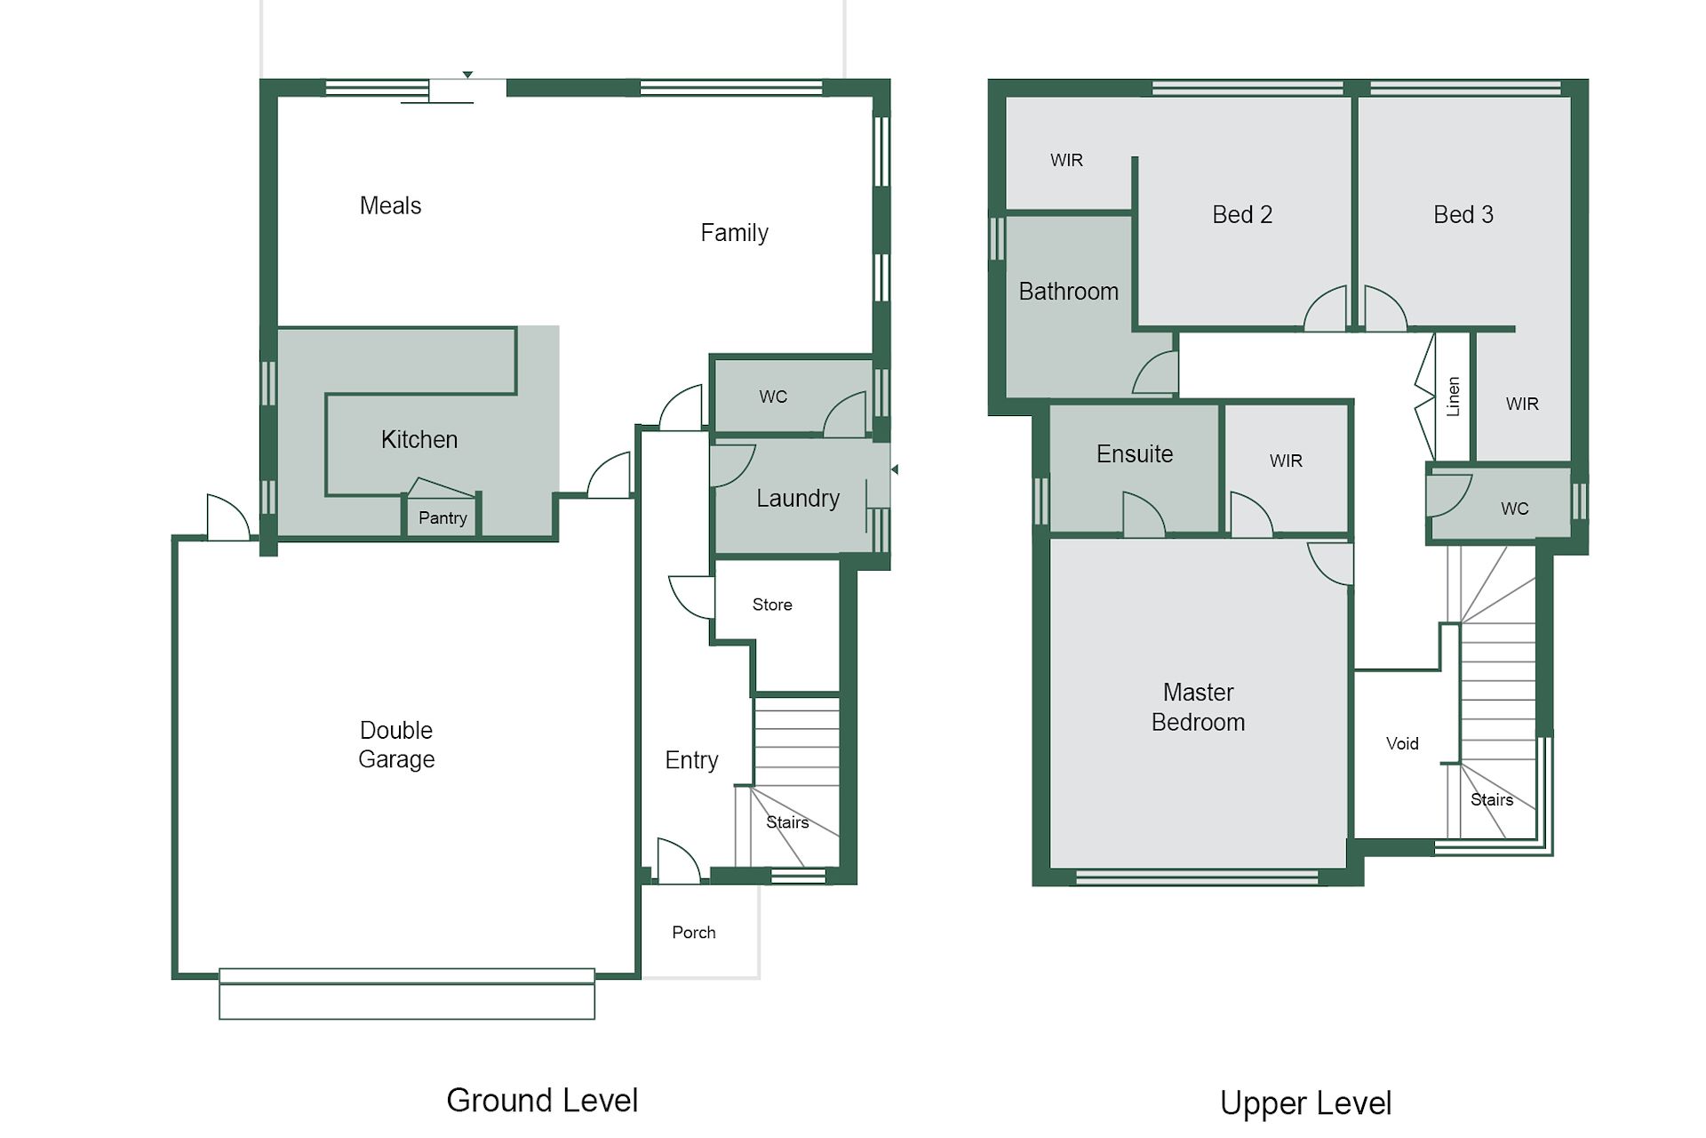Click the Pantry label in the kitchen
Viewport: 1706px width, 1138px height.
[x=442, y=518]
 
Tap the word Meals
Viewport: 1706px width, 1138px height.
[x=390, y=206]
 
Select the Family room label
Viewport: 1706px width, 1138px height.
[x=734, y=233]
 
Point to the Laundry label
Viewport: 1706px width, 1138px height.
[x=798, y=499]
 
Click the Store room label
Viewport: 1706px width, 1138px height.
[x=772, y=605]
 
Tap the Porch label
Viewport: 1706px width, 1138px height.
[x=694, y=933]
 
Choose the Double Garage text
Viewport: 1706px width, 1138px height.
[x=396, y=745]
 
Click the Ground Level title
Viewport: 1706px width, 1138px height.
[x=542, y=1101]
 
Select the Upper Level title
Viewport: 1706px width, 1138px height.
[x=1305, y=1103]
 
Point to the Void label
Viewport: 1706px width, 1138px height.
[x=1402, y=744]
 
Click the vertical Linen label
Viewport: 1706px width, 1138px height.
[x=1453, y=397]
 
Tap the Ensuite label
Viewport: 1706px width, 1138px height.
[x=1135, y=454]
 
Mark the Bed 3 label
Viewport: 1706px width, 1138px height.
[x=1463, y=215]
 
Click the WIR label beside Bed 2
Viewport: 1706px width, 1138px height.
[x=1066, y=161]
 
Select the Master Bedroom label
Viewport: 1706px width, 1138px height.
[x=1198, y=708]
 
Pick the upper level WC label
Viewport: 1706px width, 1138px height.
[x=1515, y=509]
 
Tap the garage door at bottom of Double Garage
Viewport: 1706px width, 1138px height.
[x=407, y=994]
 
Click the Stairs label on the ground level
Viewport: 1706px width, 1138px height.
[x=787, y=823]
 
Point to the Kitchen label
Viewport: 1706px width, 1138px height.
[x=419, y=440]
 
